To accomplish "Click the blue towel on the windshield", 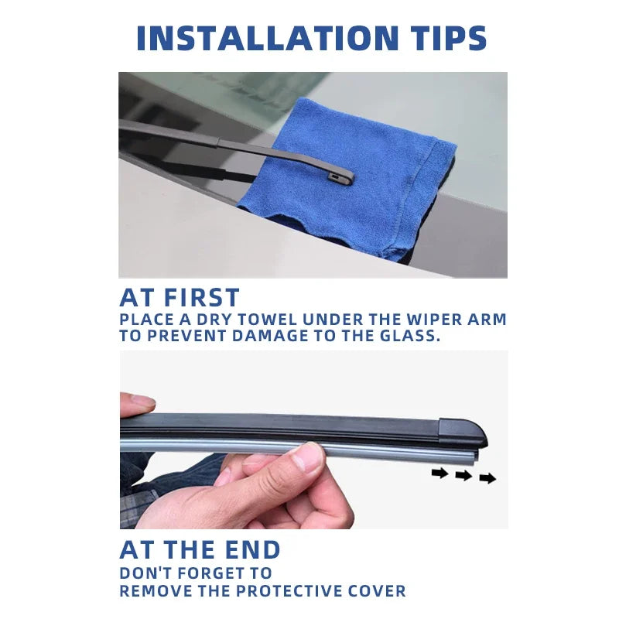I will click(364, 186).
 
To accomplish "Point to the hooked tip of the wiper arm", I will click(343, 179).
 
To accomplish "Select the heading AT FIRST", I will click(180, 298).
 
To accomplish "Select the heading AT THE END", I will click(200, 550).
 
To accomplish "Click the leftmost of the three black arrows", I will click(439, 473).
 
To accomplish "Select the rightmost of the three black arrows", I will click(487, 478).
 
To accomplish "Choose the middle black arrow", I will click(463, 476).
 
